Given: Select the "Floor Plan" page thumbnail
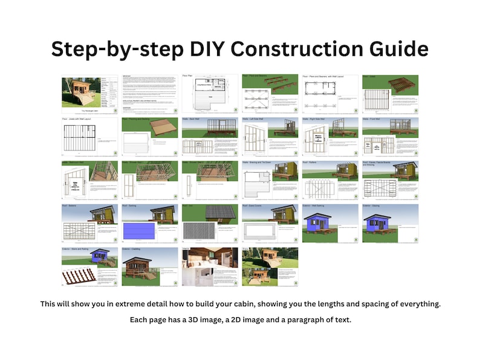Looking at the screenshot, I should [x=210, y=94].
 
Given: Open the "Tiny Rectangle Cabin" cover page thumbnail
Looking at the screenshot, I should [x=89, y=94].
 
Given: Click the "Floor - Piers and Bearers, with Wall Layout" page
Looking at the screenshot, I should [x=330, y=94].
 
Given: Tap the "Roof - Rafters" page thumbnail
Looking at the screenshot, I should [x=330, y=180].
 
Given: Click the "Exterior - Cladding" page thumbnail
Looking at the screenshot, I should [x=149, y=266].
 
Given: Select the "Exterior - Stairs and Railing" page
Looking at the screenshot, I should [x=89, y=266].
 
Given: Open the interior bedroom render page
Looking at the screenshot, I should [x=210, y=266].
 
